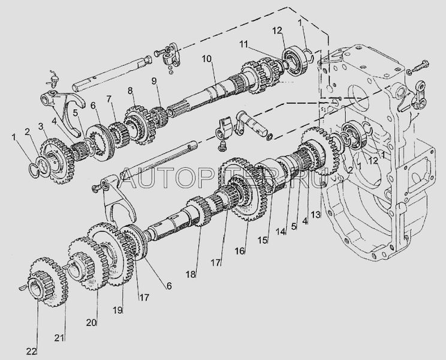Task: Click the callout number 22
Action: pos(31,352)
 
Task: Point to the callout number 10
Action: pos(207,59)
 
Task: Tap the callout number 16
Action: pos(240,251)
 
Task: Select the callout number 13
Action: pos(316,215)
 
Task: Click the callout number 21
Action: pos(60,338)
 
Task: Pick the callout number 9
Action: pos(154,81)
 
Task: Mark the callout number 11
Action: pos(243,44)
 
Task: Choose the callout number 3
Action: pos(40,126)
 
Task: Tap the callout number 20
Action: pos(92,322)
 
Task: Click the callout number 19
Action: pos(117,310)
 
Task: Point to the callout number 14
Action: pos(281,232)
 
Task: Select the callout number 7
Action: pos(109,99)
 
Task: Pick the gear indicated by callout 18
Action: pos(199,211)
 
